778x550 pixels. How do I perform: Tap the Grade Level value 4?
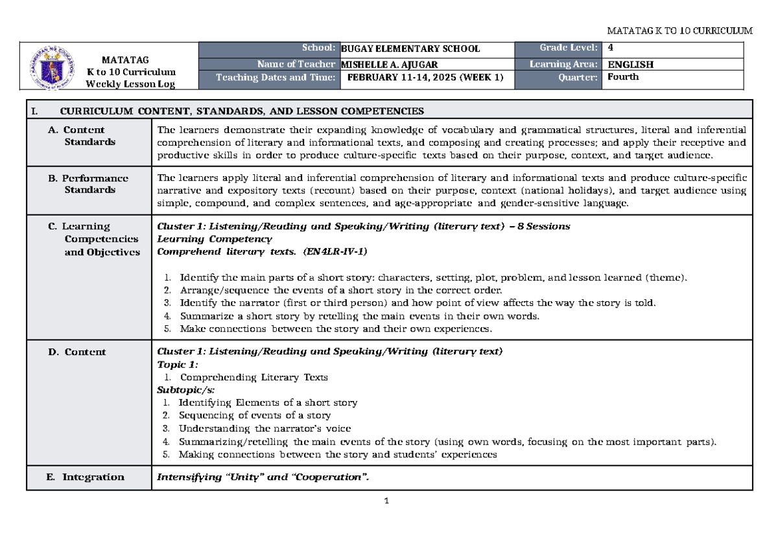point(610,48)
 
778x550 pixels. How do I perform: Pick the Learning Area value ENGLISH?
point(630,64)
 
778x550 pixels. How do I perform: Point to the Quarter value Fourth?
point(623,77)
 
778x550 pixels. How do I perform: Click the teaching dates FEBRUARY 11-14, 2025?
point(421,77)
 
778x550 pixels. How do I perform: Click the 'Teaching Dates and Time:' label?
point(276,77)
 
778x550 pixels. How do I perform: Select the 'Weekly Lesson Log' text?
point(132,84)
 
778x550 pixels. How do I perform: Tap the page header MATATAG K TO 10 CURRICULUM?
point(679,30)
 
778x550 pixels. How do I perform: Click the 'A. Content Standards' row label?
point(84,135)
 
